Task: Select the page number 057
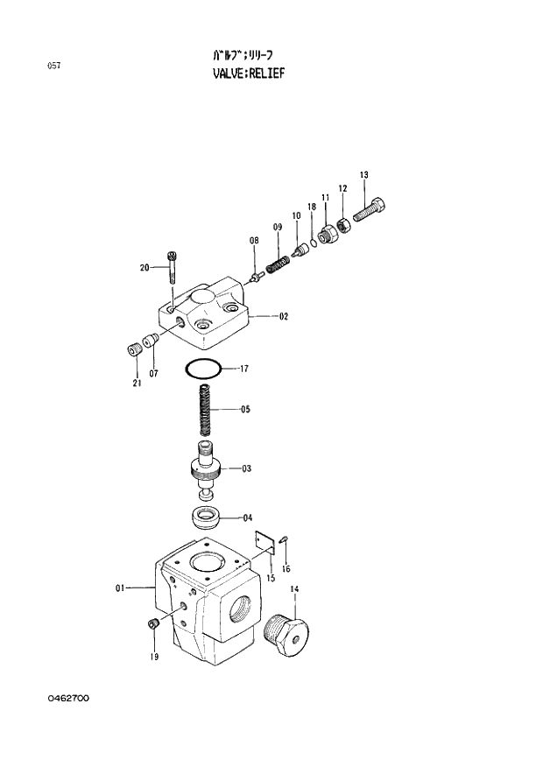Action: [x=53, y=66]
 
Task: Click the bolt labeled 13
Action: [x=370, y=210]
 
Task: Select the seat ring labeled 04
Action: [x=207, y=517]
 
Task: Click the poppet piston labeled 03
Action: [x=208, y=468]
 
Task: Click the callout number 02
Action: [x=284, y=317]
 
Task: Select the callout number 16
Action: [x=286, y=568]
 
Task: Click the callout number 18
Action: [x=311, y=207]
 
